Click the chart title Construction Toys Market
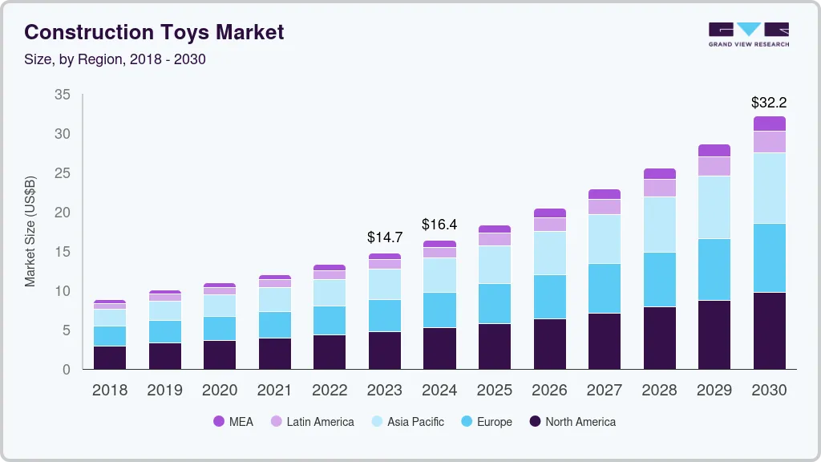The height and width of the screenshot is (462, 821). pyautogui.click(x=154, y=32)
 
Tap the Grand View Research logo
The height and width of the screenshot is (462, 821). pyautogui.click(x=748, y=34)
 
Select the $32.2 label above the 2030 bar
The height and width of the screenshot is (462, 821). pyautogui.click(x=769, y=103)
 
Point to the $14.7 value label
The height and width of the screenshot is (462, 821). pyautogui.click(x=385, y=237)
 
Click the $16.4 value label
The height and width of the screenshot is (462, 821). pyautogui.click(x=439, y=225)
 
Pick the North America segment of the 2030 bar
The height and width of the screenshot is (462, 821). pyautogui.click(x=769, y=330)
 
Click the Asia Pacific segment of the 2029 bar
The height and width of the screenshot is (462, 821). pyautogui.click(x=714, y=207)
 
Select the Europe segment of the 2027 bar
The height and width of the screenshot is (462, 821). pyautogui.click(x=604, y=288)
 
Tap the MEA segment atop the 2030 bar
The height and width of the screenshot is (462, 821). pyautogui.click(x=769, y=124)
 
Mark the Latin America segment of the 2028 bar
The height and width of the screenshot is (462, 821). pyautogui.click(x=659, y=188)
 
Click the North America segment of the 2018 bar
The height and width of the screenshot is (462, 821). pyautogui.click(x=110, y=357)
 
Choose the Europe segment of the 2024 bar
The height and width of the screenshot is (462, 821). pyautogui.click(x=439, y=310)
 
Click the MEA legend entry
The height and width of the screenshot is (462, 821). pyautogui.click(x=233, y=422)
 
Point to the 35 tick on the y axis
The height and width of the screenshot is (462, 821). pyautogui.click(x=62, y=95)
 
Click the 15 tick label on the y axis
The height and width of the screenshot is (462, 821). pyautogui.click(x=62, y=252)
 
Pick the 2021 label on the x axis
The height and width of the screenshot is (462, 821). pyautogui.click(x=274, y=391)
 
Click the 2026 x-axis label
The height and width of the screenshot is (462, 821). pyautogui.click(x=549, y=391)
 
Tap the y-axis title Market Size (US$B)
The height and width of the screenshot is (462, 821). pyautogui.click(x=30, y=231)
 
